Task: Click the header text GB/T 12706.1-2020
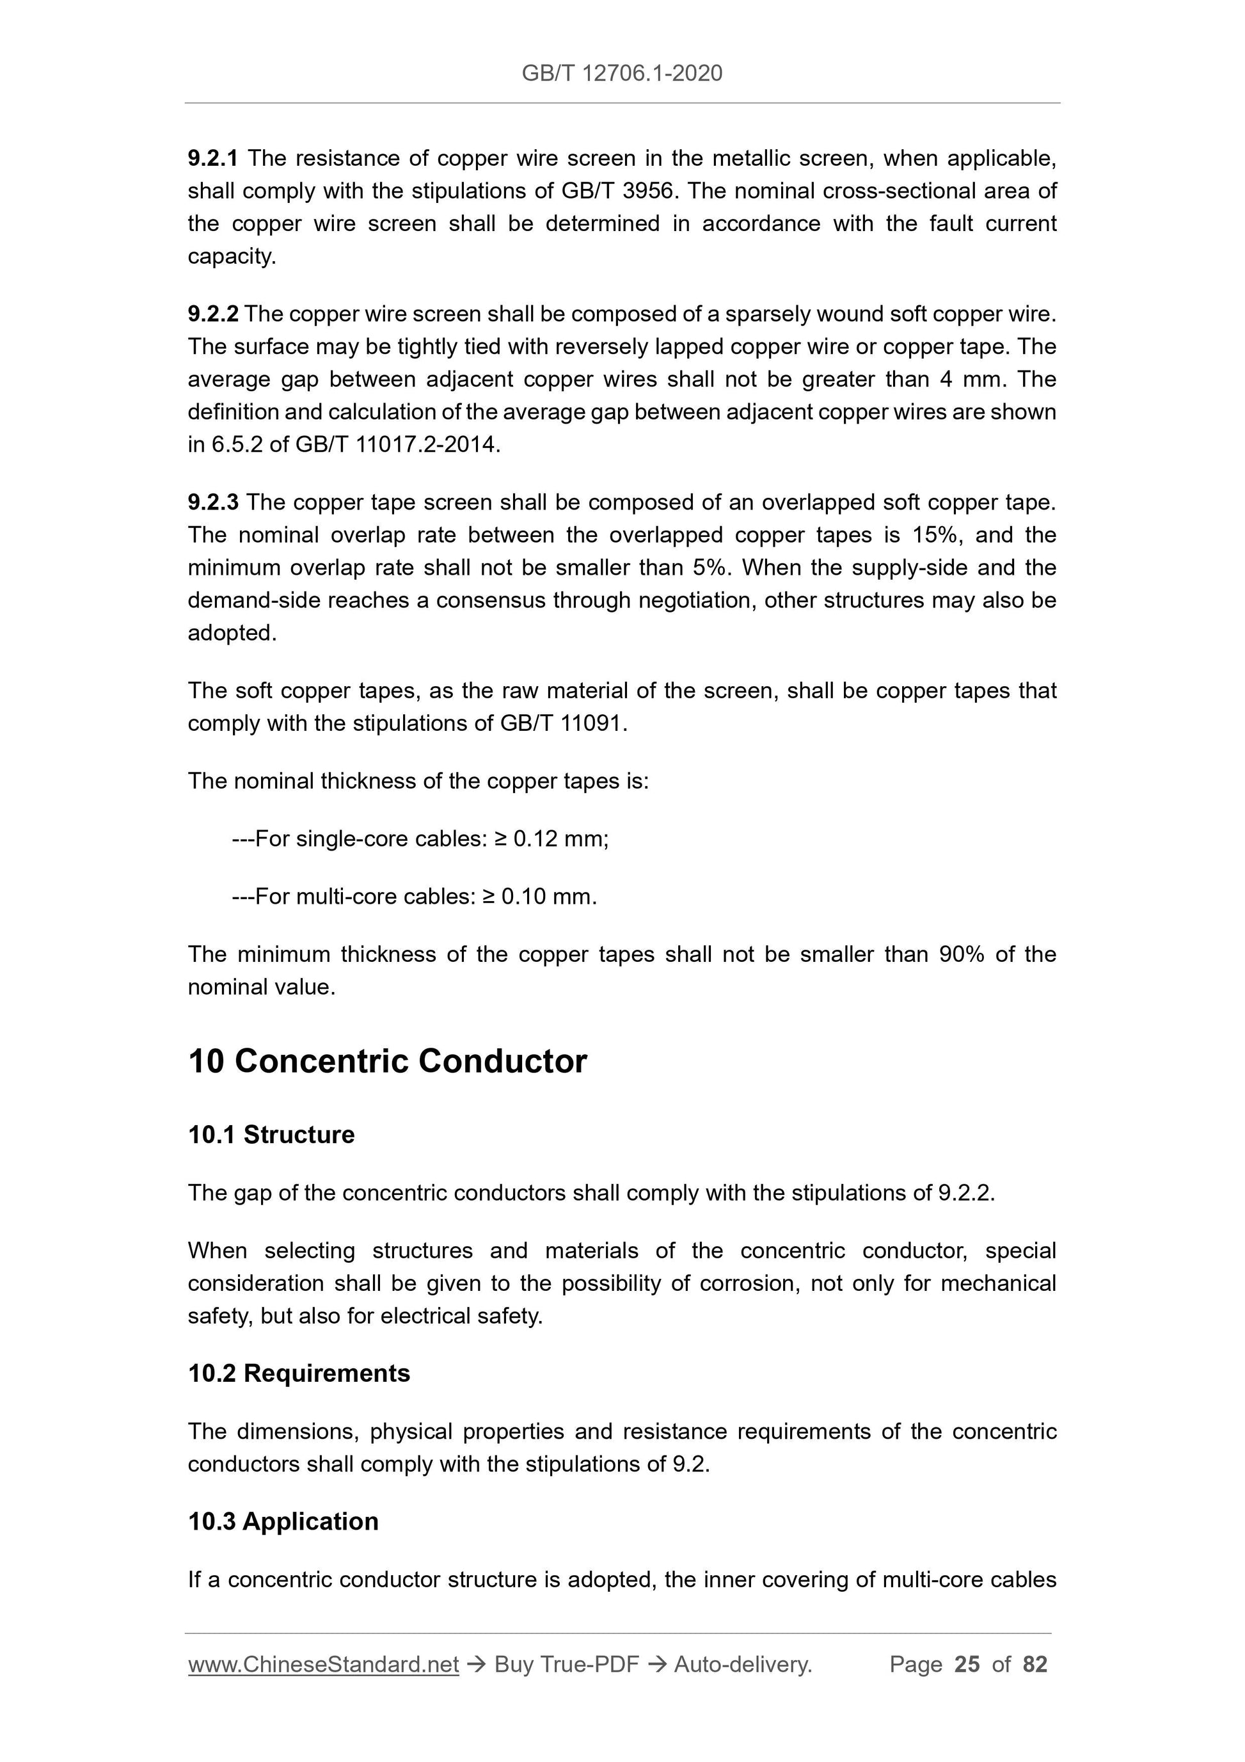click(x=621, y=73)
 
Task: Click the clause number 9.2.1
click(x=212, y=159)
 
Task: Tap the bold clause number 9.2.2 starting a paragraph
click(x=212, y=314)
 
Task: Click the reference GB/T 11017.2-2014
click(x=397, y=445)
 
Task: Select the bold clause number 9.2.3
click(x=212, y=502)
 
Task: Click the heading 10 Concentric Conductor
click(x=388, y=1061)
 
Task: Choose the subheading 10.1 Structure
click(x=271, y=1135)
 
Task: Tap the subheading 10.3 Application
click(x=283, y=1522)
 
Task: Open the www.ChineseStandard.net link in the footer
click(x=323, y=1664)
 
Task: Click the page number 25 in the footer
click(x=967, y=1664)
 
